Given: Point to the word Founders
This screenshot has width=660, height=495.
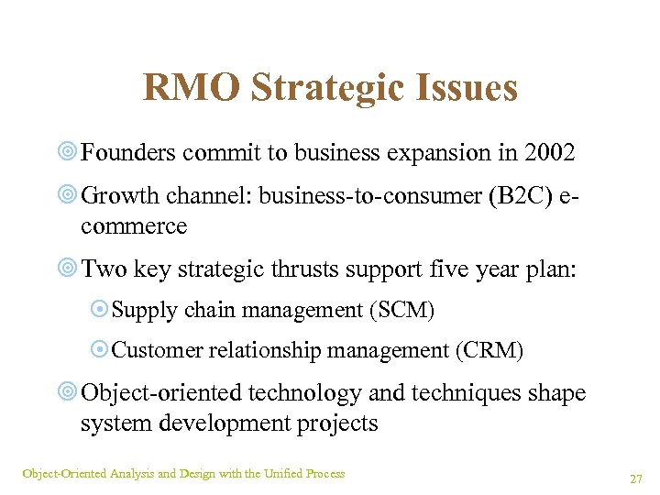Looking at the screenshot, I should [127, 153].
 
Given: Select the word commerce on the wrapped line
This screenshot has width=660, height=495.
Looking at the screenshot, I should [134, 225].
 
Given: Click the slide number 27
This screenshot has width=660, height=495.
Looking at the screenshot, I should [635, 478].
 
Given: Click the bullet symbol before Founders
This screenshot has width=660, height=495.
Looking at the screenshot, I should [68, 154].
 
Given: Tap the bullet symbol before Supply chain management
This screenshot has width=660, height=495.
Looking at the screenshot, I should [101, 312].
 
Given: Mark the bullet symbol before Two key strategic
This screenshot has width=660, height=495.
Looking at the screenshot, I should [68, 270].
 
